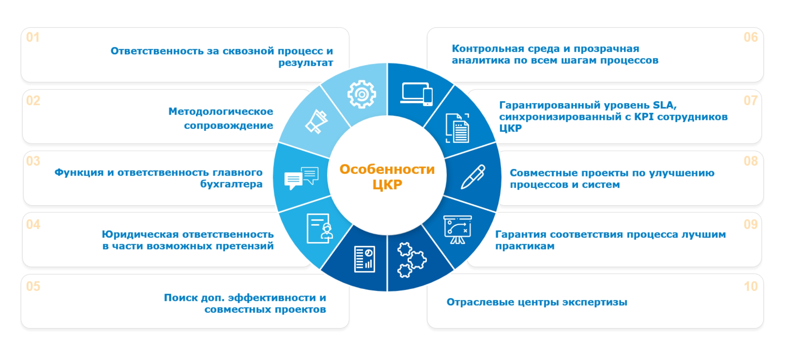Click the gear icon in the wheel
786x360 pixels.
point(361,94)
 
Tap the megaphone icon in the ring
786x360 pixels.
point(316,121)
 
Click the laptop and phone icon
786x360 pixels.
point(417,94)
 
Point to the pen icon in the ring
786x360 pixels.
point(473,176)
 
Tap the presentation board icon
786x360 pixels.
point(457,230)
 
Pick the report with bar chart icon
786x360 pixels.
point(365,259)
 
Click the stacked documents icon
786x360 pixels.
point(458,128)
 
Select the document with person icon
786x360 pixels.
point(319,229)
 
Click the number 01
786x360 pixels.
point(33,37)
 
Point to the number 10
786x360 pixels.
point(751,286)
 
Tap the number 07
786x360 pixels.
point(751,101)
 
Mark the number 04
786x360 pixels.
point(33,225)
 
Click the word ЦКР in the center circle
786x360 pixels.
point(387,185)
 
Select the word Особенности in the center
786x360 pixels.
point(387,169)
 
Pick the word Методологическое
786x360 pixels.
point(220,111)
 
